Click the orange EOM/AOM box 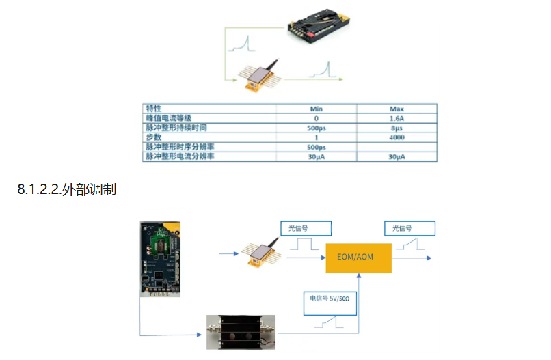[x=358, y=258]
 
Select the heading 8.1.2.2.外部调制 [x=67, y=190]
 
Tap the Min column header [x=317, y=109]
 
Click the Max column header [x=397, y=109]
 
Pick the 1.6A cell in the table [x=397, y=118]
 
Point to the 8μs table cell [x=397, y=128]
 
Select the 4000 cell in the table [x=397, y=137]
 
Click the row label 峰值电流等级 [x=169, y=118]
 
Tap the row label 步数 [x=154, y=137]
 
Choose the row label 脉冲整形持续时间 [x=176, y=128]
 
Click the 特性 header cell [x=154, y=109]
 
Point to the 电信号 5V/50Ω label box [x=330, y=303]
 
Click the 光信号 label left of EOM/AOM [x=306, y=228]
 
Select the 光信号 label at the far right [x=409, y=228]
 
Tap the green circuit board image [x=160, y=259]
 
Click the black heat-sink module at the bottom [x=241, y=332]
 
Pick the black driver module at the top [x=319, y=26]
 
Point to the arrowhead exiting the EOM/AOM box [x=429, y=258]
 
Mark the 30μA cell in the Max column [x=397, y=156]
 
